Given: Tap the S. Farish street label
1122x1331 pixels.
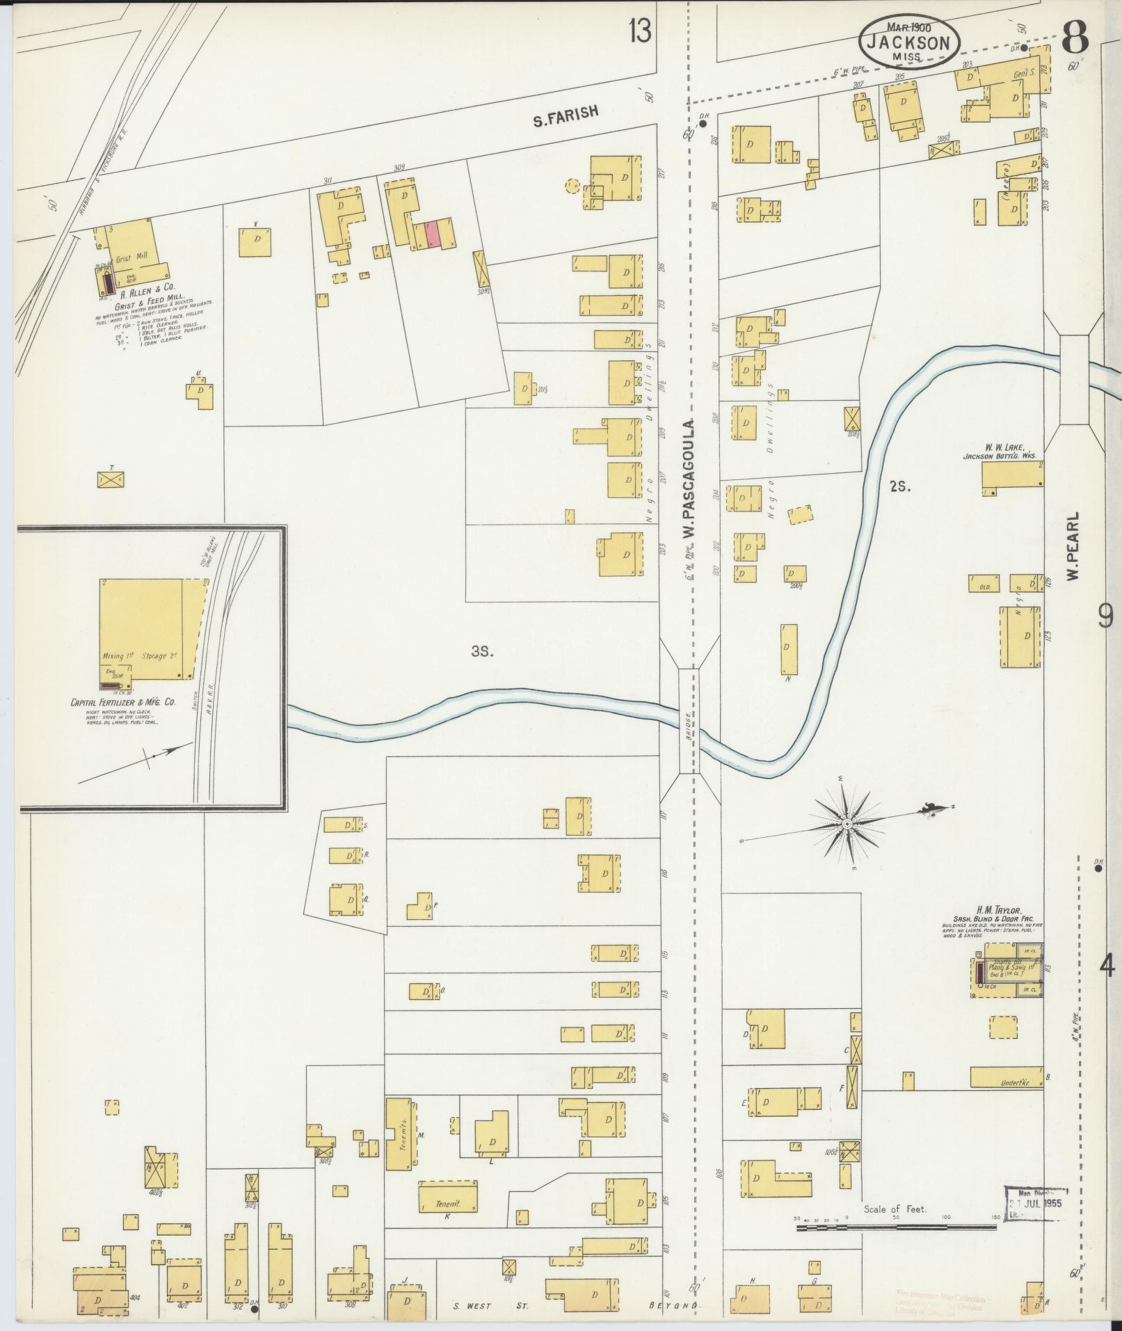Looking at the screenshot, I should [x=566, y=115].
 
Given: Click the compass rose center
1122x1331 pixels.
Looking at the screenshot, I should [x=847, y=824].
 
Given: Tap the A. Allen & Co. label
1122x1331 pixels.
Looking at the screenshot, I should [x=147, y=286].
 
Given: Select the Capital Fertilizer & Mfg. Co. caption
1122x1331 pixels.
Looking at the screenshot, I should [x=115, y=703].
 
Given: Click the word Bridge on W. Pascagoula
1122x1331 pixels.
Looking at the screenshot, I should [x=687, y=726].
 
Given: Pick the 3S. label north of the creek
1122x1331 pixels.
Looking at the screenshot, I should [x=481, y=652].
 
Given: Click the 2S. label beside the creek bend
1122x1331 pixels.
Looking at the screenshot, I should [x=899, y=487].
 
